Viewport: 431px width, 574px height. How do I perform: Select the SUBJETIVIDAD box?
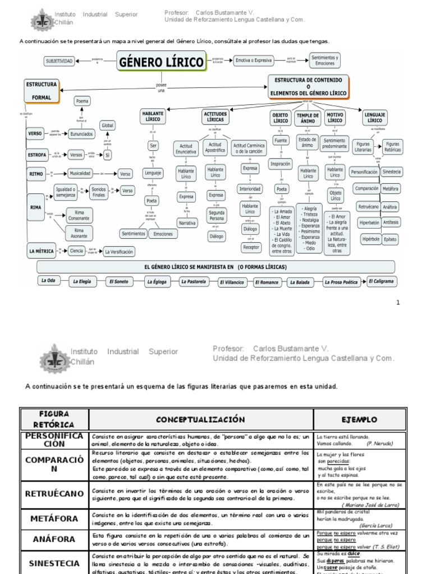point(59,61)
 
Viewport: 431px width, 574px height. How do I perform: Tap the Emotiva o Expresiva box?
point(253,60)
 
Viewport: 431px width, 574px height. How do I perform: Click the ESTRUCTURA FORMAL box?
point(42,91)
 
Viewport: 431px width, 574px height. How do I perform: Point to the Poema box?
point(82,101)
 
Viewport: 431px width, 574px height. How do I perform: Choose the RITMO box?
point(35,174)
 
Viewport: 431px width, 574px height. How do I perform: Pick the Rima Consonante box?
point(79,215)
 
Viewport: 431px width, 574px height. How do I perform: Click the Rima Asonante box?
point(79,233)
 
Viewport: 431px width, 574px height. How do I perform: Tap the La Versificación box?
point(119,252)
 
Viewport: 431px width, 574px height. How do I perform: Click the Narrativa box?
point(186,223)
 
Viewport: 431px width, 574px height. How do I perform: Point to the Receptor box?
point(251,247)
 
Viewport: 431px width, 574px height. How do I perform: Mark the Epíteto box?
point(391,239)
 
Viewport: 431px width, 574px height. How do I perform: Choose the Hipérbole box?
point(370,239)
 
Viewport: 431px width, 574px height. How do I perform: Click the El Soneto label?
point(118,281)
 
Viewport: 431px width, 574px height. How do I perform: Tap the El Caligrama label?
point(382,281)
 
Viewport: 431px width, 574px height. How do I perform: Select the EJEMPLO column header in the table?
point(360,419)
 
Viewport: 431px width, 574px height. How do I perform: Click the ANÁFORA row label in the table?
point(54,539)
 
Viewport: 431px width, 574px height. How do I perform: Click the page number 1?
point(398,303)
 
